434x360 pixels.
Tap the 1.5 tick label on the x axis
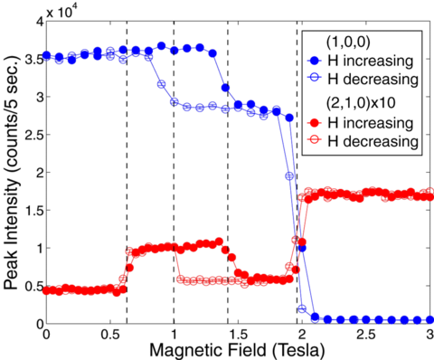[x=235, y=334]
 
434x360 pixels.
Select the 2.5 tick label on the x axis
[x=363, y=334]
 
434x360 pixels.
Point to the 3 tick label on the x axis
[x=427, y=334]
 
